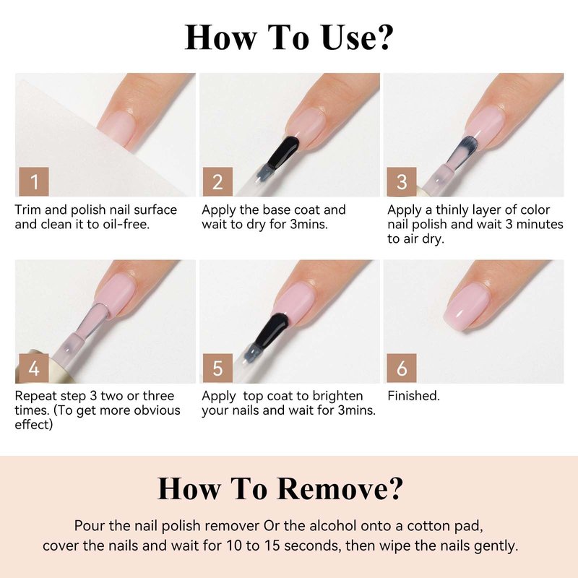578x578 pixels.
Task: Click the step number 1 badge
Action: (x=34, y=182)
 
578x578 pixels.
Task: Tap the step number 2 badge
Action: (x=217, y=182)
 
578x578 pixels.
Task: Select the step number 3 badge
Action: (x=402, y=182)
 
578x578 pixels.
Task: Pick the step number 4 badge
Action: (x=34, y=368)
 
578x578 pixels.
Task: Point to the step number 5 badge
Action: (x=217, y=368)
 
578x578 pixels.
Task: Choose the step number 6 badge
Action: (x=402, y=368)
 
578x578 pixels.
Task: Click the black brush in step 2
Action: (x=282, y=152)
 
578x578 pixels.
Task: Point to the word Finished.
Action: (x=413, y=395)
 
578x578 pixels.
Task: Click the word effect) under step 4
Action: (x=34, y=424)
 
